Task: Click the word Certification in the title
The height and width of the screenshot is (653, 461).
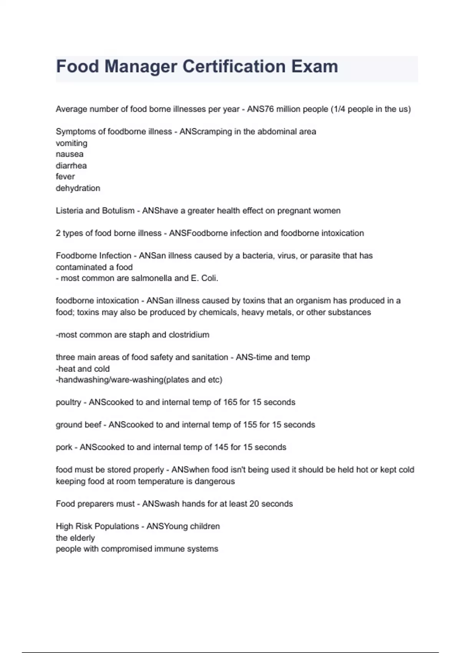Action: click(x=233, y=66)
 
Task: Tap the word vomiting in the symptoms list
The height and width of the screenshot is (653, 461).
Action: click(x=71, y=143)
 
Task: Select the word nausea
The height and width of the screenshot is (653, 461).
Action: click(x=70, y=154)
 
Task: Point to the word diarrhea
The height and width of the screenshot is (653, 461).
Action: click(x=71, y=166)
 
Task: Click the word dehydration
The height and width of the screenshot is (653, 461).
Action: click(x=78, y=188)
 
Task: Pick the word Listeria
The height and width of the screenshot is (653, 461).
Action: click(x=69, y=211)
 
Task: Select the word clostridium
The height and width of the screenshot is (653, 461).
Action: click(x=189, y=335)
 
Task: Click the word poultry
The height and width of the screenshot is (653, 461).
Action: click(x=68, y=403)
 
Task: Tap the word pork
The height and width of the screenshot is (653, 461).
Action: click(x=64, y=447)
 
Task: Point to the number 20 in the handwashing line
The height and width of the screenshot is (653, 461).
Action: click(x=254, y=504)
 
